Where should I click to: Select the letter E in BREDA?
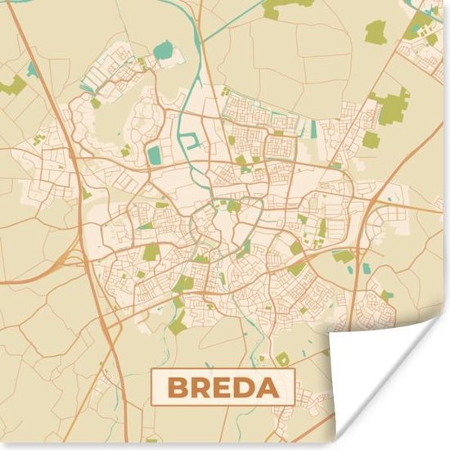(222, 388)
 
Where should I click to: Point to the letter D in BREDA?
(243, 388)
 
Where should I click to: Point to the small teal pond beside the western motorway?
(33, 70)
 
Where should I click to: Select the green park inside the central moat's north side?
(233, 205)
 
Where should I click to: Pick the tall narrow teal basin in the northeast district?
(313, 128)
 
